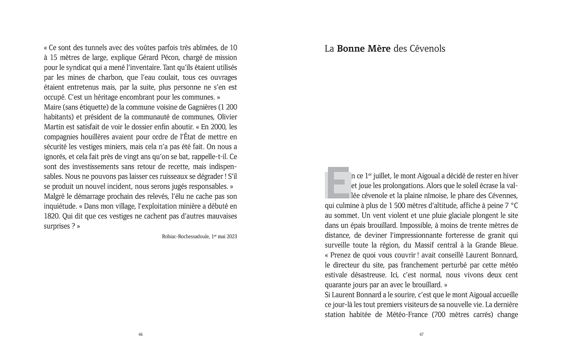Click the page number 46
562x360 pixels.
point(140,334)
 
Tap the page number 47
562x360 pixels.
point(421,334)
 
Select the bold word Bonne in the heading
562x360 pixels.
point(351,49)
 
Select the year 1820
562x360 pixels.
point(53,216)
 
